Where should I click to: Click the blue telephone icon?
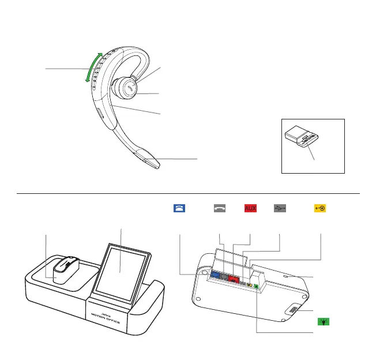click(178, 208)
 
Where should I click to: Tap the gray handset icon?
click(220, 208)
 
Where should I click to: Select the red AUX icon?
click(250, 208)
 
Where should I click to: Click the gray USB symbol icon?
click(279, 208)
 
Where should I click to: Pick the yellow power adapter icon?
click(320, 208)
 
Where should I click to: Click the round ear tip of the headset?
click(126, 89)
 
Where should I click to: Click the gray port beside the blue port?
click(225, 277)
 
